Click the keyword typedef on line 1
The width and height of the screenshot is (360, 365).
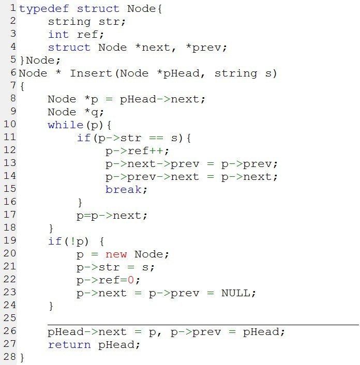coord(44,9)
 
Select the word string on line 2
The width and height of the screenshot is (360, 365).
coord(69,22)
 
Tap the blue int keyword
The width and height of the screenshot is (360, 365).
coord(58,35)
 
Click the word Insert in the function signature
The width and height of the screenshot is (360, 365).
coord(91,73)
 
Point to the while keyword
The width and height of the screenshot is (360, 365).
coord(66,125)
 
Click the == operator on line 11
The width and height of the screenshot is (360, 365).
coord(156,138)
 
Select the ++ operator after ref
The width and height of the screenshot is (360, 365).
coord(156,151)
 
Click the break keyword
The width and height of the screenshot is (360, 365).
coord(123,190)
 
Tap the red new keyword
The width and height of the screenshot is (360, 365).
coord(116,254)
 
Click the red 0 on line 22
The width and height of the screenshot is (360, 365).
coord(131,280)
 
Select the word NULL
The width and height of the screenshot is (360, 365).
coord(236,293)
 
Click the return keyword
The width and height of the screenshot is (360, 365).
coord(69,345)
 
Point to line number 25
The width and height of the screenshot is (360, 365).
coord(10,318)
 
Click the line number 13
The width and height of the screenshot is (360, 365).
coord(10,163)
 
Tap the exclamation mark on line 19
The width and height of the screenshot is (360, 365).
coord(72,241)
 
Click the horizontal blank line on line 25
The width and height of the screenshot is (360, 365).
coord(203,325)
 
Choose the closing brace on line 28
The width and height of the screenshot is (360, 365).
coord(22,357)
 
